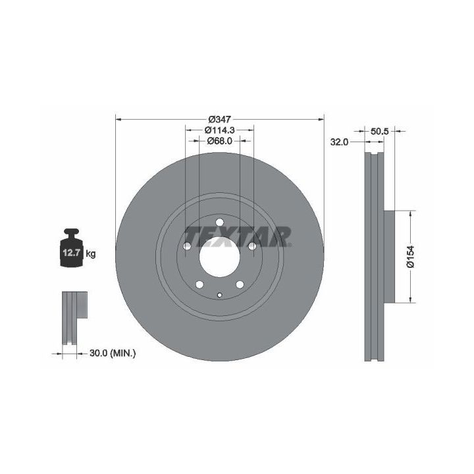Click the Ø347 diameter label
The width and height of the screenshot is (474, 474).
220,119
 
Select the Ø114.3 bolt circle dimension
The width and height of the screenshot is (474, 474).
220,130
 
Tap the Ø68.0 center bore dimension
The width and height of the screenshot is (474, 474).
220,141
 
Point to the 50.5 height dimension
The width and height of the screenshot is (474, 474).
379,131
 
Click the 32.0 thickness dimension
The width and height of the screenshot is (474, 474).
339,142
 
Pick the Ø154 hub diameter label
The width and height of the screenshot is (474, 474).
410,256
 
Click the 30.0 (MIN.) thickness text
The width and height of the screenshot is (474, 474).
113,353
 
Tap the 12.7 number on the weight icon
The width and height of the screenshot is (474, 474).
71,253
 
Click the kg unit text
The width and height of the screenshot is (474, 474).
90,253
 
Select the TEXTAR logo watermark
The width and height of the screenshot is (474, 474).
238,237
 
